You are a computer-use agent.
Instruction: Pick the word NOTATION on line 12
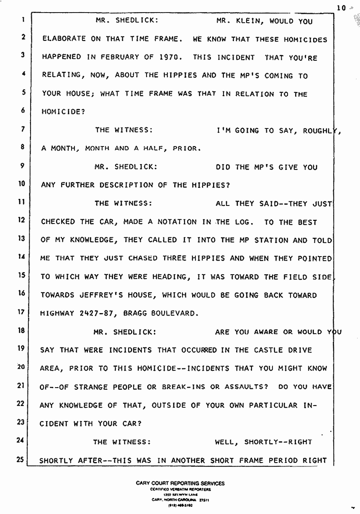click(179, 222)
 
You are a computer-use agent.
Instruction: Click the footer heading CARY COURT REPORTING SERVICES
click(180, 483)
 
